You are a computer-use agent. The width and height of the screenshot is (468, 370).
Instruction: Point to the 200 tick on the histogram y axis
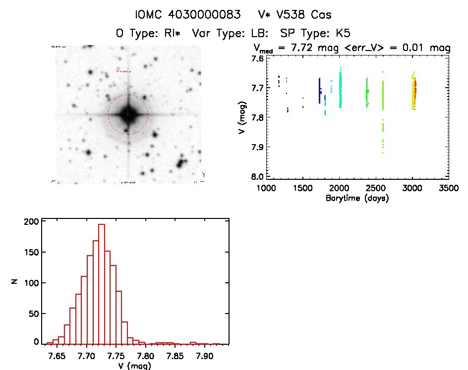[x=31, y=222]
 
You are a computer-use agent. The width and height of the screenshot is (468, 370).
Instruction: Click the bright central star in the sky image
[x=128, y=114]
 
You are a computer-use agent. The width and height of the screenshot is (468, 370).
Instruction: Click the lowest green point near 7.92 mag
[x=383, y=153]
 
